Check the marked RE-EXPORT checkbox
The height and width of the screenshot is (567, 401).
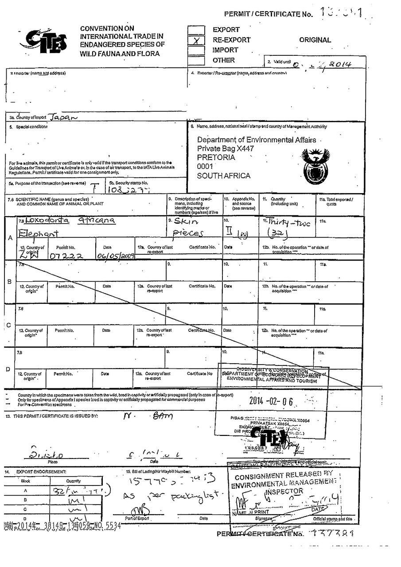click(196, 40)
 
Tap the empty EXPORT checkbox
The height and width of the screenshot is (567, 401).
click(196, 30)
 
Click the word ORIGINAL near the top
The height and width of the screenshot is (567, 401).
click(315, 40)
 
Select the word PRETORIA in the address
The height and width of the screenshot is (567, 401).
click(216, 158)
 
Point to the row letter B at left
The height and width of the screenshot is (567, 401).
click(10, 282)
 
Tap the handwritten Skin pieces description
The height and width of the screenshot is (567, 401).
click(187, 227)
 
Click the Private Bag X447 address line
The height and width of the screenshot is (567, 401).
click(226, 149)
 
